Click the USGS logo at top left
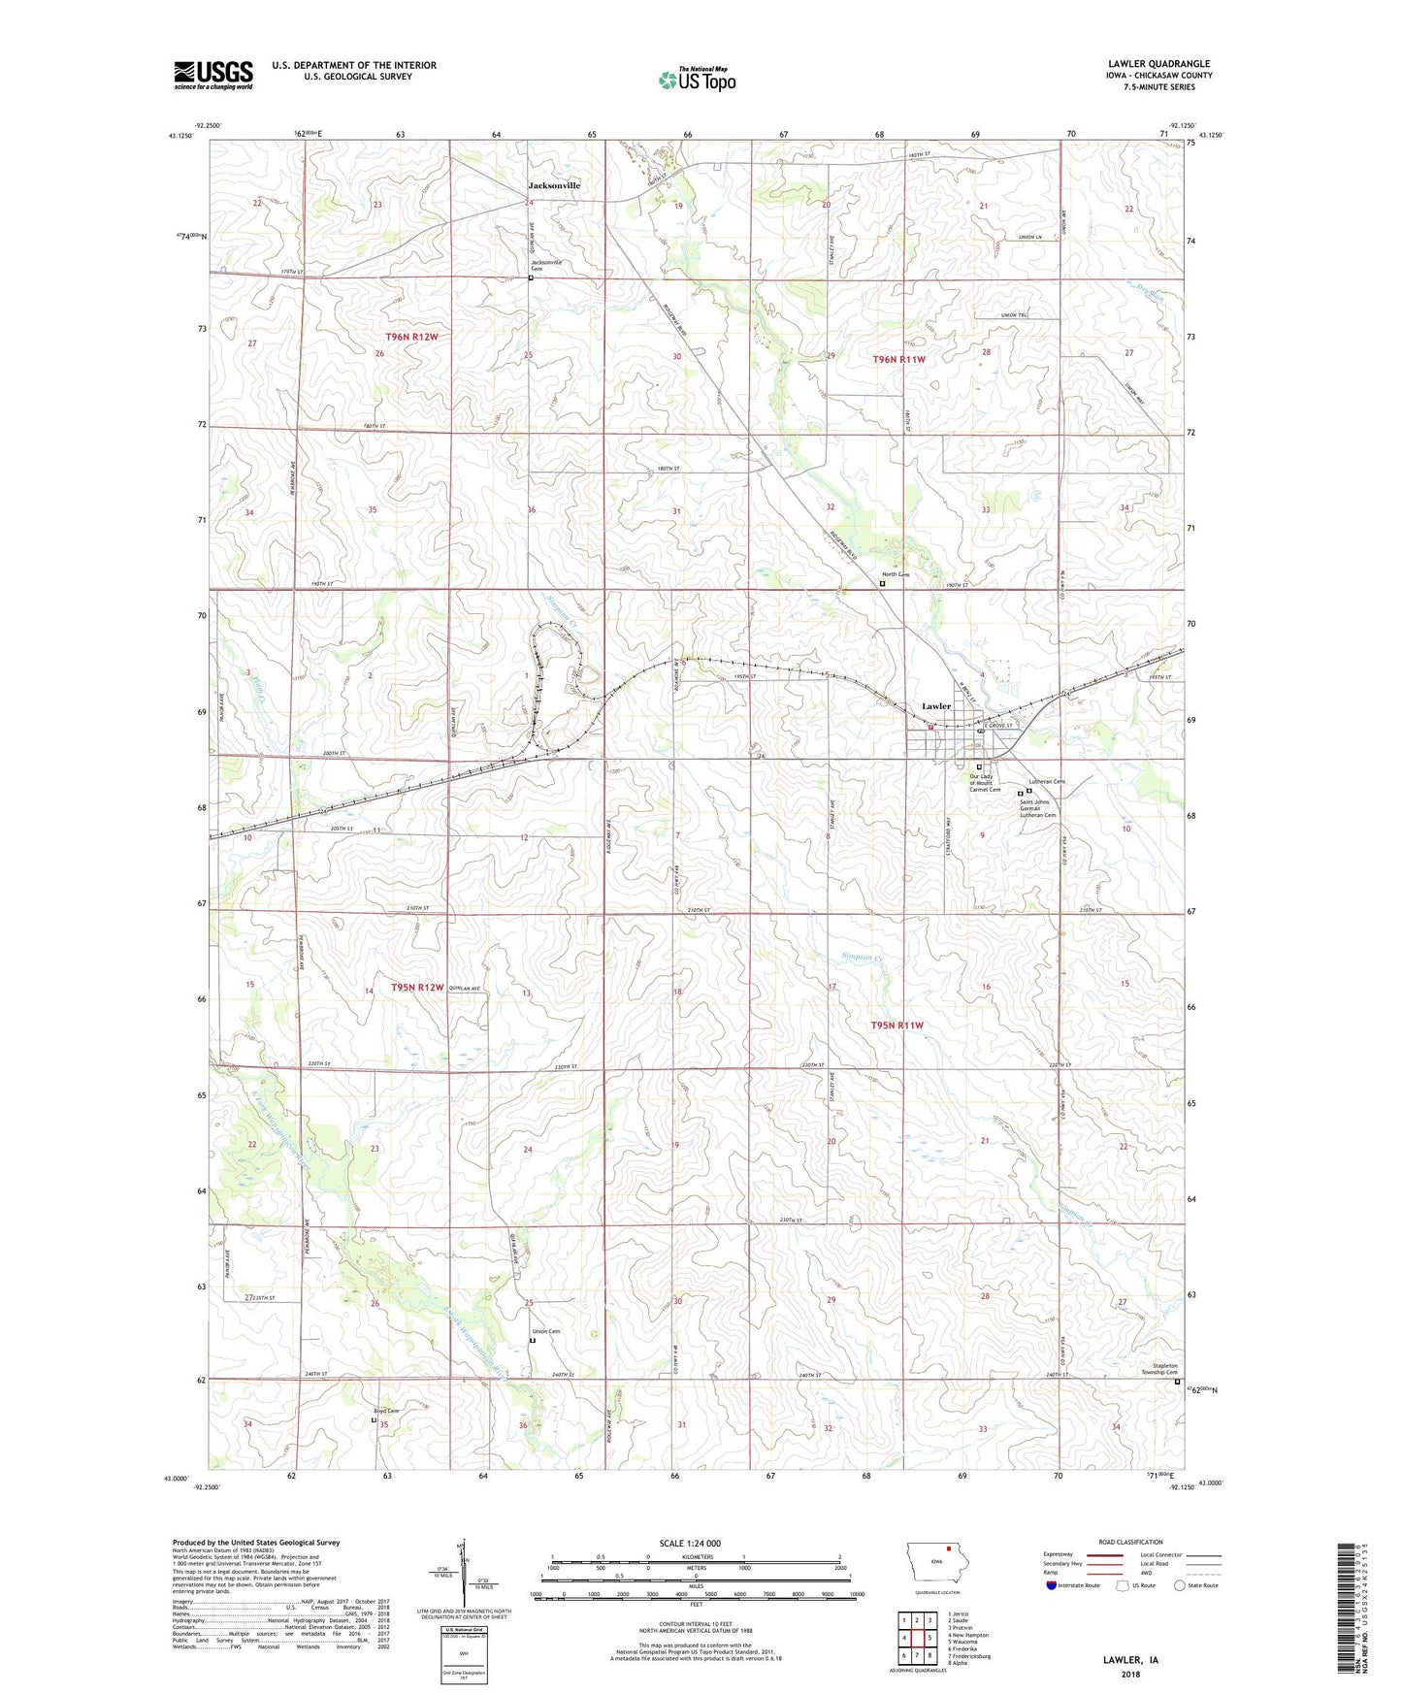212,75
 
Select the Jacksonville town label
554,184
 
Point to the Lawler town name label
936,706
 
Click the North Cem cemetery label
896,574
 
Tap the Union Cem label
547,1331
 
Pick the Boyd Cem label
387,1411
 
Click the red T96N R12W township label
412,337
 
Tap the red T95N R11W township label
897,1026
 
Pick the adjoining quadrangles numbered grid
917,1640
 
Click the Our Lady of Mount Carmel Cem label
985,783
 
